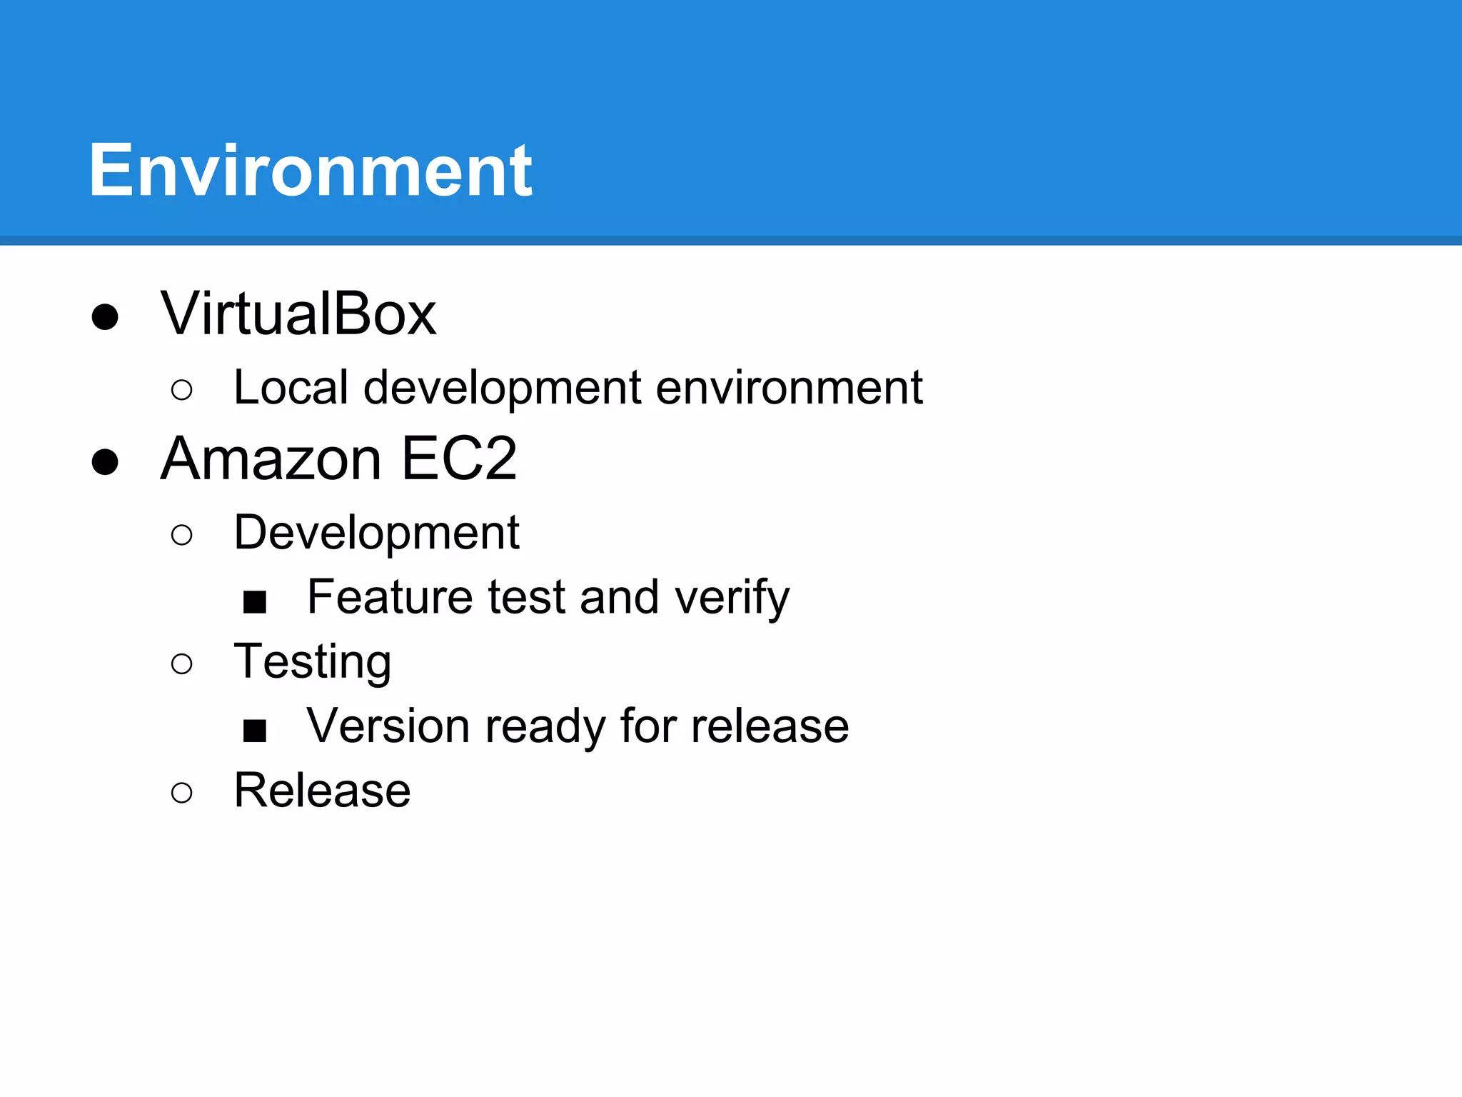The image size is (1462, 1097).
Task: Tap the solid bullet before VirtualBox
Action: (105, 316)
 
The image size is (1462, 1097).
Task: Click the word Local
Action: (291, 387)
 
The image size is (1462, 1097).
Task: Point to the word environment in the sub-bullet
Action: (789, 389)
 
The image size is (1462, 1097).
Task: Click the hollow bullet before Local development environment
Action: (182, 390)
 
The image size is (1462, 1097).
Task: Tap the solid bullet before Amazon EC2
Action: (105, 461)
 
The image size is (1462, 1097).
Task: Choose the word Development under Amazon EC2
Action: (376, 533)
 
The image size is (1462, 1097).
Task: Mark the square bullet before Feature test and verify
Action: (255, 601)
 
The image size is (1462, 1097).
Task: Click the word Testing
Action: (313, 662)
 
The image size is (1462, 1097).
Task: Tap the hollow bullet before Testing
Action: (182, 663)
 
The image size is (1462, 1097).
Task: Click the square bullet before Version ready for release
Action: (255, 731)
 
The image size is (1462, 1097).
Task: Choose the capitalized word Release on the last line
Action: (323, 790)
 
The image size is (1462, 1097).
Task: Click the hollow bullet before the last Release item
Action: (182, 792)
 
